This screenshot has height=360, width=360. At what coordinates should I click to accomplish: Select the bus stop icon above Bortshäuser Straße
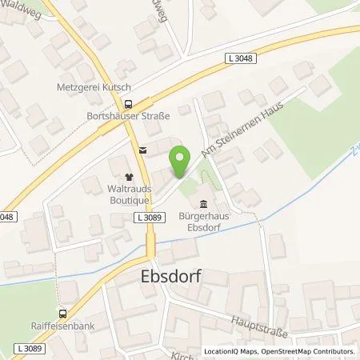(x=126, y=103)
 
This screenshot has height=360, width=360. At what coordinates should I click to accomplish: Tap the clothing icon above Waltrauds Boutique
(x=126, y=176)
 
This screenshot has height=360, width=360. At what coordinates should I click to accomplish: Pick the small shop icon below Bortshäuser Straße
(x=142, y=148)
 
